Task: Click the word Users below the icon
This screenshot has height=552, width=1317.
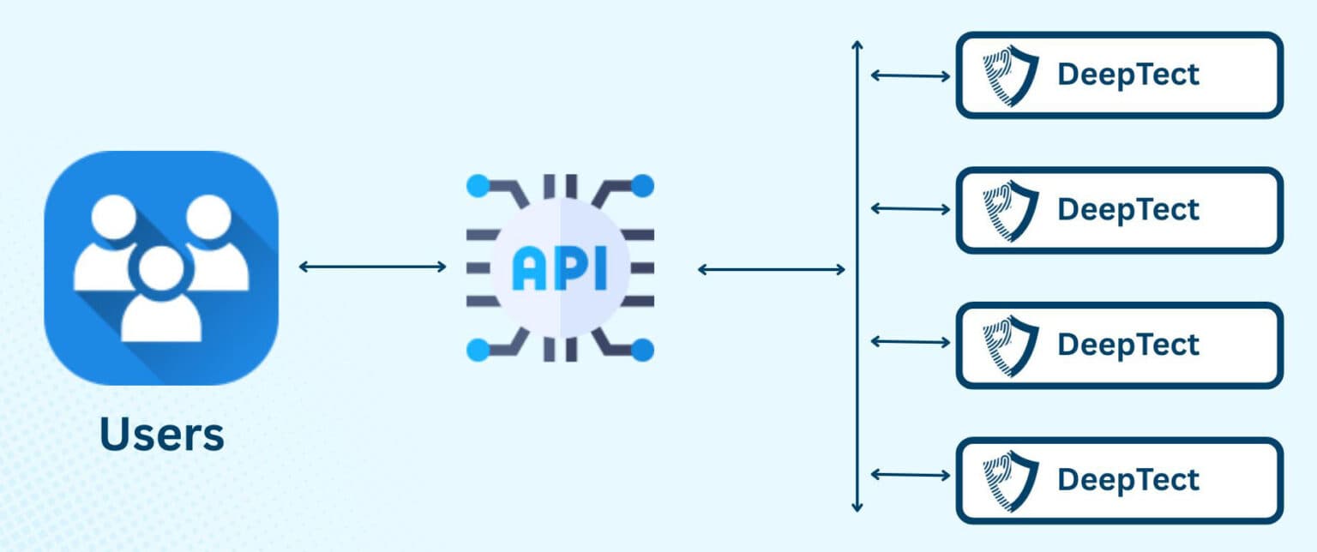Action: [162, 435]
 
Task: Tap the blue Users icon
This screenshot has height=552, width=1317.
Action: [161, 267]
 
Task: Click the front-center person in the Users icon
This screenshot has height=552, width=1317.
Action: [161, 296]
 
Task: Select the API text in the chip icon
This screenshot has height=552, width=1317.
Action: [560, 268]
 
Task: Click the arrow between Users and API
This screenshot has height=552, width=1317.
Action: [373, 267]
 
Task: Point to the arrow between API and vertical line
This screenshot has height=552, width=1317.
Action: [772, 270]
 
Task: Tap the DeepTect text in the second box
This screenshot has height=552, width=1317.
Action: [1128, 210]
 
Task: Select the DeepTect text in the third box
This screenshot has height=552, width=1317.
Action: [1128, 345]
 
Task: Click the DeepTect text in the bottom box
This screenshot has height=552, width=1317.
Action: [1128, 479]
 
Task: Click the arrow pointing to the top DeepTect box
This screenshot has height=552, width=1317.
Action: [911, 75]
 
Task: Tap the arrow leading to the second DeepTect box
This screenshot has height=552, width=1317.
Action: [911, 208]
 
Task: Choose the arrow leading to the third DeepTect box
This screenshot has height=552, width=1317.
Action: [911, 341]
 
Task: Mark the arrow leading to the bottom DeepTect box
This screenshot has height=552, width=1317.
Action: [911, 474]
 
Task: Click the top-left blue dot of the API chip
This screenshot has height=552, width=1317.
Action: [478, 185]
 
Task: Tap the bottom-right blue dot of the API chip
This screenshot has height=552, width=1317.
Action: [642, 350]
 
